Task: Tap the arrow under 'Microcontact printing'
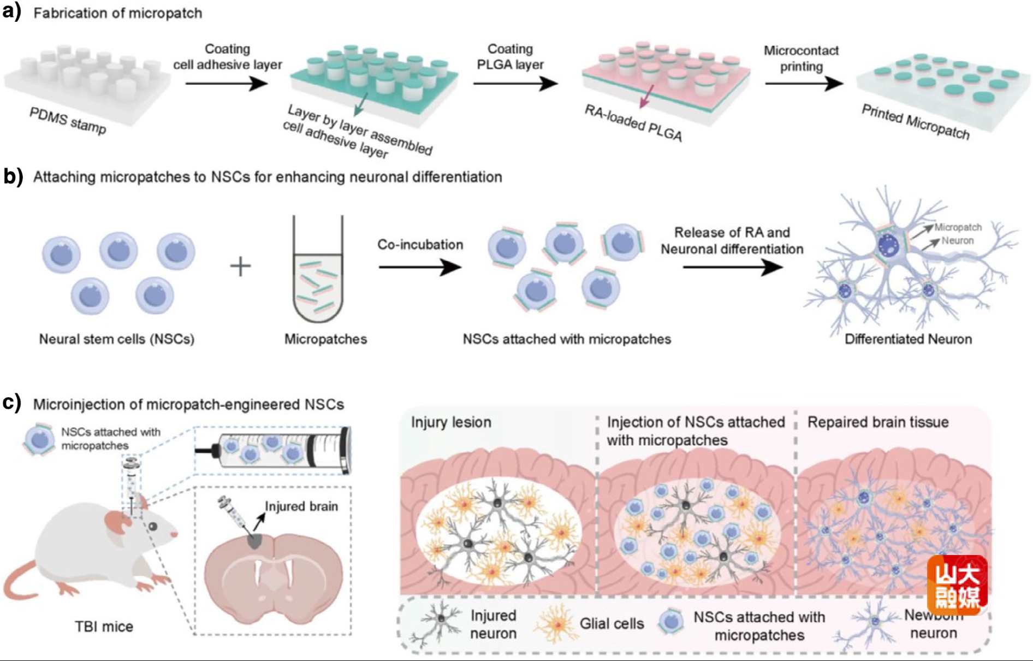point(803,84)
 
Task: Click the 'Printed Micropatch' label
point(915,122)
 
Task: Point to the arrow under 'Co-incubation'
point(419,267)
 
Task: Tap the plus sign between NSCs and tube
point(240,267)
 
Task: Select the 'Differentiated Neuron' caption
point(908,339)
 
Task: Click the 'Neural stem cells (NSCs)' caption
point(116,339)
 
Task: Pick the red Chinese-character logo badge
point(957,585)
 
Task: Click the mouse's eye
point(153,527)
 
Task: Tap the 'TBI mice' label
point(104,627)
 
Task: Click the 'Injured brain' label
point(301,506)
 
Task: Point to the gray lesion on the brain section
point(254,541)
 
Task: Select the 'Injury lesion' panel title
point(451,422)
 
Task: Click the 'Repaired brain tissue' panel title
point(877,422)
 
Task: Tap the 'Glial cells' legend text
point(612,624)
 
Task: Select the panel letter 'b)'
point(13,176)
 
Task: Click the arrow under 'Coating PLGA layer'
point(515,84)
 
